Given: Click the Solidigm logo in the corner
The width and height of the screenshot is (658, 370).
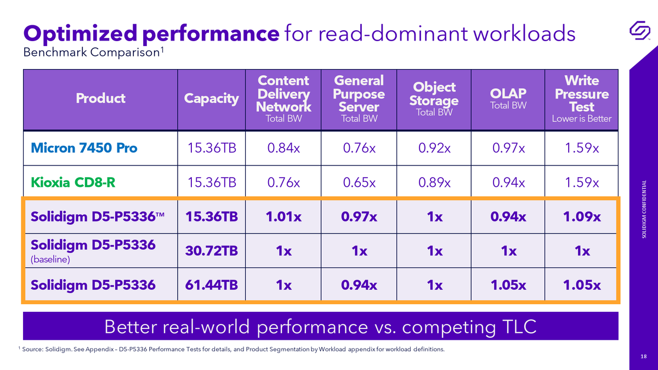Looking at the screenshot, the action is pos(639,30).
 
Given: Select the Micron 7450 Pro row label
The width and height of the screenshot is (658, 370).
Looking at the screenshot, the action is pos(84,147).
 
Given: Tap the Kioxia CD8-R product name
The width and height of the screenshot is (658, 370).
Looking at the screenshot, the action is pos(73,183).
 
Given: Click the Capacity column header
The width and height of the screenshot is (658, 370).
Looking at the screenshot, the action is pos(211,99).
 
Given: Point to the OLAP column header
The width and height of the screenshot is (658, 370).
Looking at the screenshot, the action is pos(508,98).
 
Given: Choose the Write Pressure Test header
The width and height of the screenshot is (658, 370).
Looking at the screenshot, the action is pos(582,98).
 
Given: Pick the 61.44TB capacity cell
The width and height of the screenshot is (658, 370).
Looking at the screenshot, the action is pos(211,285).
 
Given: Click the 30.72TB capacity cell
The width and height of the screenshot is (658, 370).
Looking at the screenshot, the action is pos(211,251).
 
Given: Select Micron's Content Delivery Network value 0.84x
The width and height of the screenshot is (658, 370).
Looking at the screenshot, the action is pos(283,147).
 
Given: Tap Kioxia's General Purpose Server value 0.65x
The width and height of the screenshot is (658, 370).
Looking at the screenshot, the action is pos(359,183).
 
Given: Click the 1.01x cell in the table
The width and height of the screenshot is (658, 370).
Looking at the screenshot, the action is pos(283,217).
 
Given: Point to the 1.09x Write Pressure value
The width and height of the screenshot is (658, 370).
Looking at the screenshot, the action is pos(582,217).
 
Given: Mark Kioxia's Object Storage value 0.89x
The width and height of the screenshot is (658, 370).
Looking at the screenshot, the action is pos(434,183).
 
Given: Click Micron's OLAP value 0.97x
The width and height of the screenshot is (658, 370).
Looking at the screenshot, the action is pos(508,147).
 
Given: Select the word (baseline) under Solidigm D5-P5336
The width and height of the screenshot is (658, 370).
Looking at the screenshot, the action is pos(50,259).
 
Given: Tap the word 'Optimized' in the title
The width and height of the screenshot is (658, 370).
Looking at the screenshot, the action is pos(80,33).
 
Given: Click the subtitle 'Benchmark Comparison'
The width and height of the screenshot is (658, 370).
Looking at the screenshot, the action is pos(92,53).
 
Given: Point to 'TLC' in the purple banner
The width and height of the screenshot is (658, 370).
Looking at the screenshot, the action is pos(519,327).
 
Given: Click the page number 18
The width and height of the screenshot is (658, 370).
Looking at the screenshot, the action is pos(644,356).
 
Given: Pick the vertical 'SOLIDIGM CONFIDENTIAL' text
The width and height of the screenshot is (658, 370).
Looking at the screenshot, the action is pos(644,209).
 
